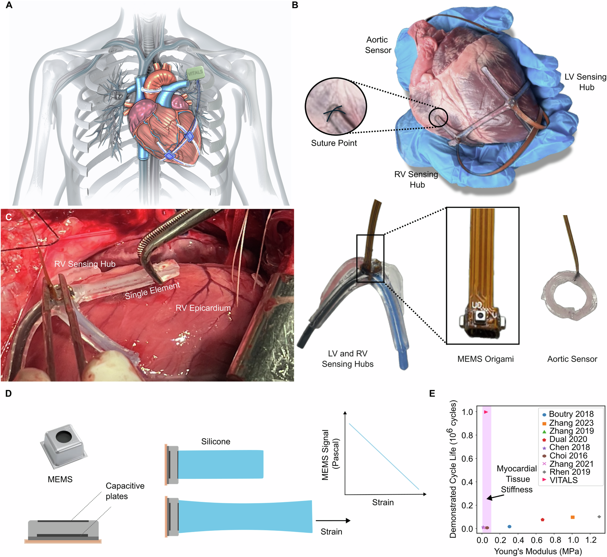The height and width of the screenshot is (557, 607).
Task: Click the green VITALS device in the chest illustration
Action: coord(195,73)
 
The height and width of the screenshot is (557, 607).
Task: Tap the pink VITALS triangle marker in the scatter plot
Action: coord(486,412)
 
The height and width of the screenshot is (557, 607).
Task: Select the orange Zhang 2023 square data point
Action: coord(572,517)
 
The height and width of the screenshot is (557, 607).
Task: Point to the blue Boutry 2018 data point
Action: coord(509,527)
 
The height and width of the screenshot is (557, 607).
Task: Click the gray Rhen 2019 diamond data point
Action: coord(599,517)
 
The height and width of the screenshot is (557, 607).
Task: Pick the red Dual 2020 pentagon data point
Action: coord(542,520)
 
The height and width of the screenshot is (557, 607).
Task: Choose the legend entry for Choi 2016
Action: coord(568,456)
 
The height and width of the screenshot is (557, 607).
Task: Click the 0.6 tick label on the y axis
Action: coord(467,459)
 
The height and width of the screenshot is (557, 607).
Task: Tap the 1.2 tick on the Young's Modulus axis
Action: coord(591,540)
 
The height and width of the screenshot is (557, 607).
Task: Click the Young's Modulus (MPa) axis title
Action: coord(538,551)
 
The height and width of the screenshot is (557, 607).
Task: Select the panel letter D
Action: coord(8,393)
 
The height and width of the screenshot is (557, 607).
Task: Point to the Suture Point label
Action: coord(334,143)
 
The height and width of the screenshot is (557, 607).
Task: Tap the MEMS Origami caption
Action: coord(485,359)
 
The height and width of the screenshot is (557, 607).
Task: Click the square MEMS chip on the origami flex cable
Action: coord(480,316)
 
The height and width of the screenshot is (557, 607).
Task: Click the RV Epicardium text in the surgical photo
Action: coord(203,308)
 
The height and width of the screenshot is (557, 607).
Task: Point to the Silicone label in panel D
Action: coord(215,441)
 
